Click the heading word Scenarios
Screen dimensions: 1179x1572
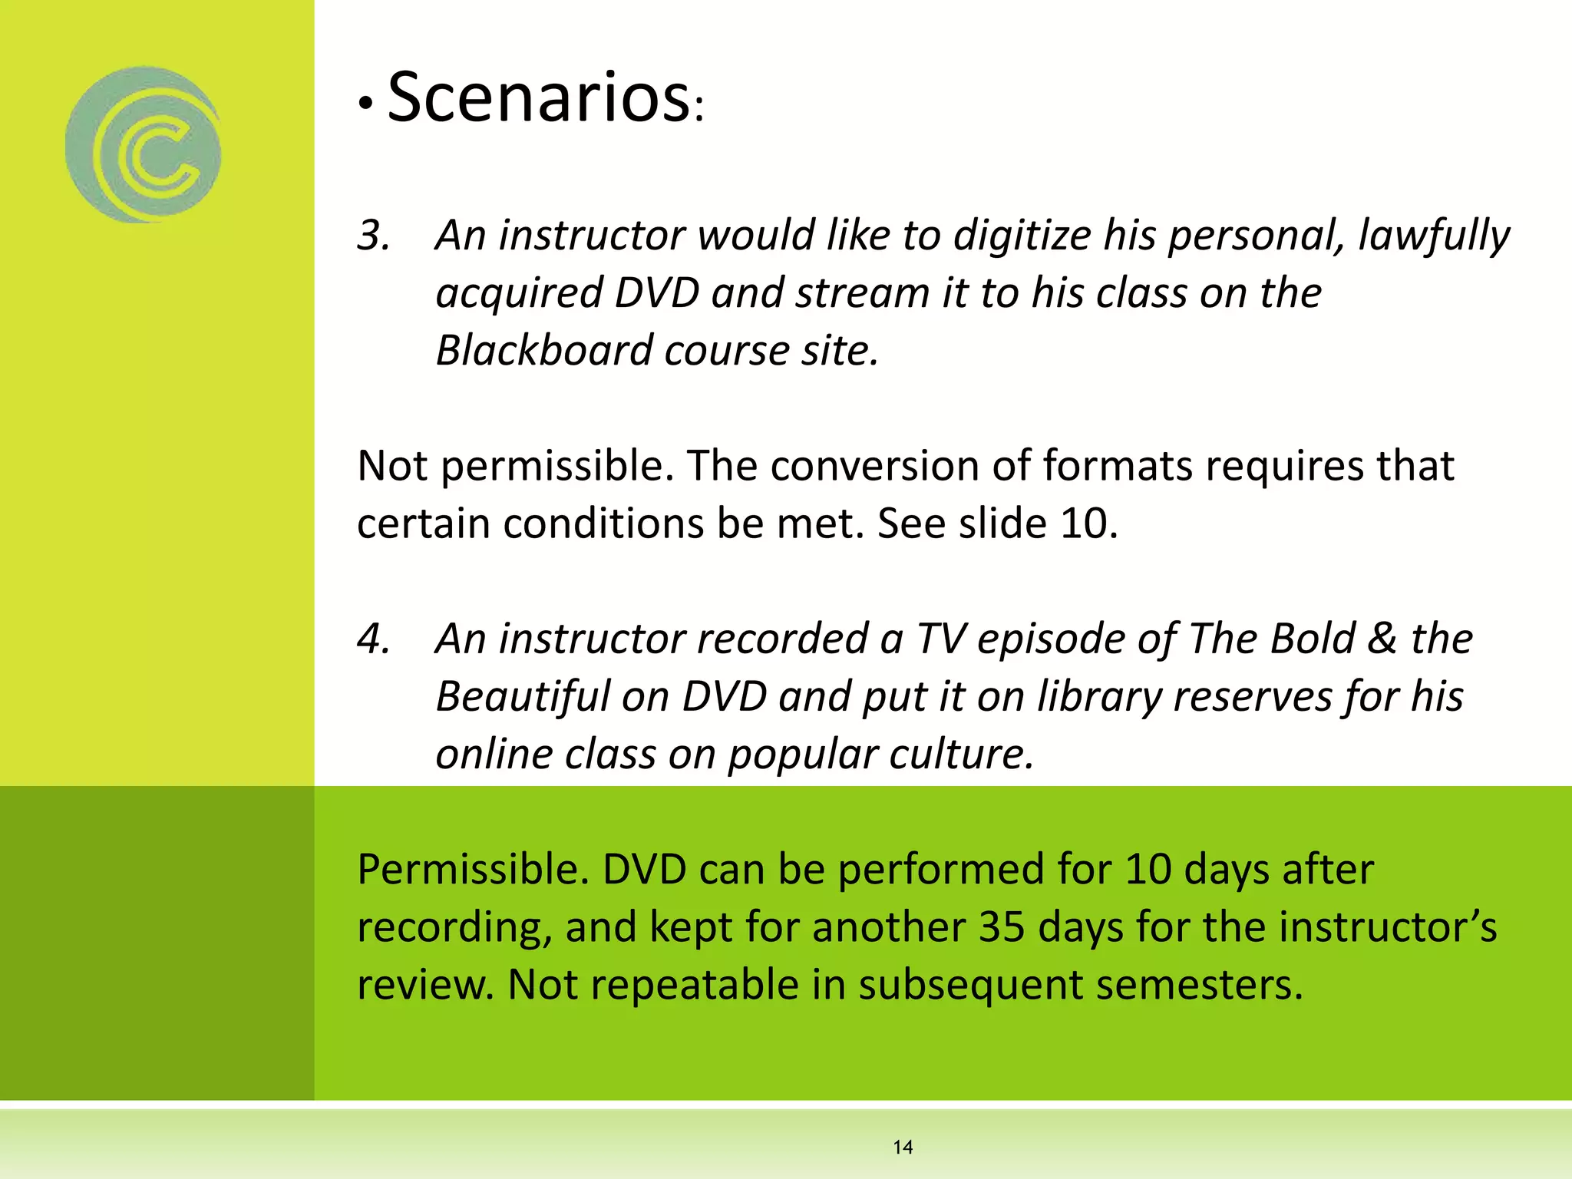[x=537, y=97]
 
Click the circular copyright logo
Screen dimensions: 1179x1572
[x=144, y=145]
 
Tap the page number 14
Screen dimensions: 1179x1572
[x=903, y=1147]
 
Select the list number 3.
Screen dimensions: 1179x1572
[x=373, y=235]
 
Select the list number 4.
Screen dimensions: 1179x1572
[x=373, y=639]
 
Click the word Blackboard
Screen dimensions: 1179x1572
[x=543, y=351]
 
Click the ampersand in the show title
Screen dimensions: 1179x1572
[x=1382, y=639]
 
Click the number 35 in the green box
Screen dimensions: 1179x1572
[x=1002, y=926]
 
